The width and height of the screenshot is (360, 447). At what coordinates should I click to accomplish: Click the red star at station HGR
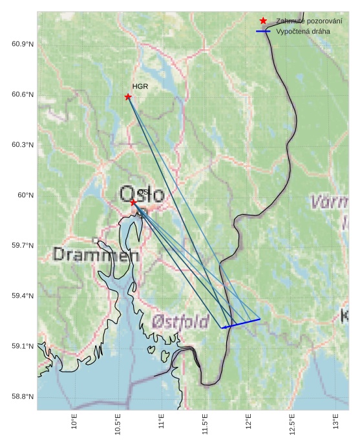[128, 97]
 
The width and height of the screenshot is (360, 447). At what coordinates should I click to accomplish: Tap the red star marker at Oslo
[133, 202]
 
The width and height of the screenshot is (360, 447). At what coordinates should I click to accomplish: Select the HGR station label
[140, 86]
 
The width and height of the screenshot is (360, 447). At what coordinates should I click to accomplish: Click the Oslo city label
[142, 193]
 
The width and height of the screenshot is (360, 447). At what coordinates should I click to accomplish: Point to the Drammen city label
[96, 255]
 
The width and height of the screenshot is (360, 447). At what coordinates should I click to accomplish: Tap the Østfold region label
[180, 322]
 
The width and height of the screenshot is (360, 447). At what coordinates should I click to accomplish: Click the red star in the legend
[263, 21]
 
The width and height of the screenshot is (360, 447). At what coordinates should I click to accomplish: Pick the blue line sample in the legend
[263, 31]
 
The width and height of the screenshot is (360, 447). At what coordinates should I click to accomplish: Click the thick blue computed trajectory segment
[240, 323]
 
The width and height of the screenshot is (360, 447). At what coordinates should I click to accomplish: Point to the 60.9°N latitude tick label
[23, 44]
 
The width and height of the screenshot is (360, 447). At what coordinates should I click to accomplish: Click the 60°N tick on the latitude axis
[26, 195]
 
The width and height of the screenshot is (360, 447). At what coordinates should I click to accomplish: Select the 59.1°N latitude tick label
[23, 347]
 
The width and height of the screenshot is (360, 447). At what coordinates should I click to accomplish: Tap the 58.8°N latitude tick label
[23, 397]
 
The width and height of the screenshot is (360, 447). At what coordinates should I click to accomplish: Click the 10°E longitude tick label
[74, 422]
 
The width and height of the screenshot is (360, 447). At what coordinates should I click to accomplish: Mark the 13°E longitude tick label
[335, 422]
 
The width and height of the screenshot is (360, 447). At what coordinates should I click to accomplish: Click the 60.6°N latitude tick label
[23, 94]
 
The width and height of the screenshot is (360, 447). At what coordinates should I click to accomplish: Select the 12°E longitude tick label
[248, 422]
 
